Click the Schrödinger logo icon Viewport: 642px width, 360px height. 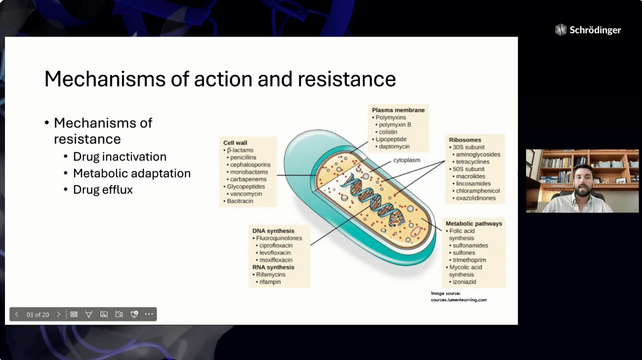coord(561,30)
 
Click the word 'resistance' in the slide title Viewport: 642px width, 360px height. coord(347,79)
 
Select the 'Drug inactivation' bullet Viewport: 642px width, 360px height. coord(120,157)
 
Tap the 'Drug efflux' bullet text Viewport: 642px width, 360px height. coord(102,189)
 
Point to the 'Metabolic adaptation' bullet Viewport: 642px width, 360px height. coord(132,173)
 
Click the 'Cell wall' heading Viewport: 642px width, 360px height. coord(235,143)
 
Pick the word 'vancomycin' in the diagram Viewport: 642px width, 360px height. coord(246,194)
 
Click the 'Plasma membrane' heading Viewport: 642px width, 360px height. coord(398,110)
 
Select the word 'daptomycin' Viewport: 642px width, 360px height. coord(394,146)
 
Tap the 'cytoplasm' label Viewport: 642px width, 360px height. coord(406,160)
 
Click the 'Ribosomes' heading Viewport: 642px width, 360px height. coord(465,140)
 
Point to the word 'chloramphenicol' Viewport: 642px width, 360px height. coord(478,191)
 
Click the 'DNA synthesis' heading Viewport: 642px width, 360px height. coord(273,231)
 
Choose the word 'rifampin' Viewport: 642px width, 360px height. coord(270,282)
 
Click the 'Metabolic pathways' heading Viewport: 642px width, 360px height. coord(474,223)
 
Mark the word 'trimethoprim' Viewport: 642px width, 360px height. coord(469,260)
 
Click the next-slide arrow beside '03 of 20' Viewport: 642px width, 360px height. coord(59,314)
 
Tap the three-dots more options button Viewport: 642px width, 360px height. coord(149,314)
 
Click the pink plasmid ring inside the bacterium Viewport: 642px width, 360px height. coord(415,231)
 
